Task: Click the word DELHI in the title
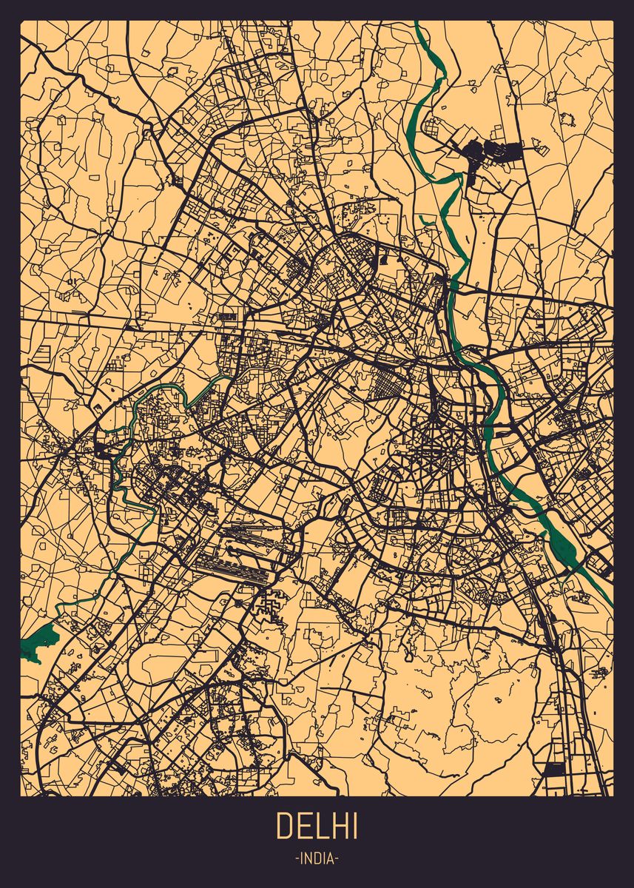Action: [317, 826]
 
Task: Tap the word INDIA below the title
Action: [317, 859]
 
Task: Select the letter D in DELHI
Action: [284, 826]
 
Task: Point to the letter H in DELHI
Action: [339, 826]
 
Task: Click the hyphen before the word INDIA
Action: [297, 859]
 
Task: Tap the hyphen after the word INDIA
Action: [337, 859]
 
